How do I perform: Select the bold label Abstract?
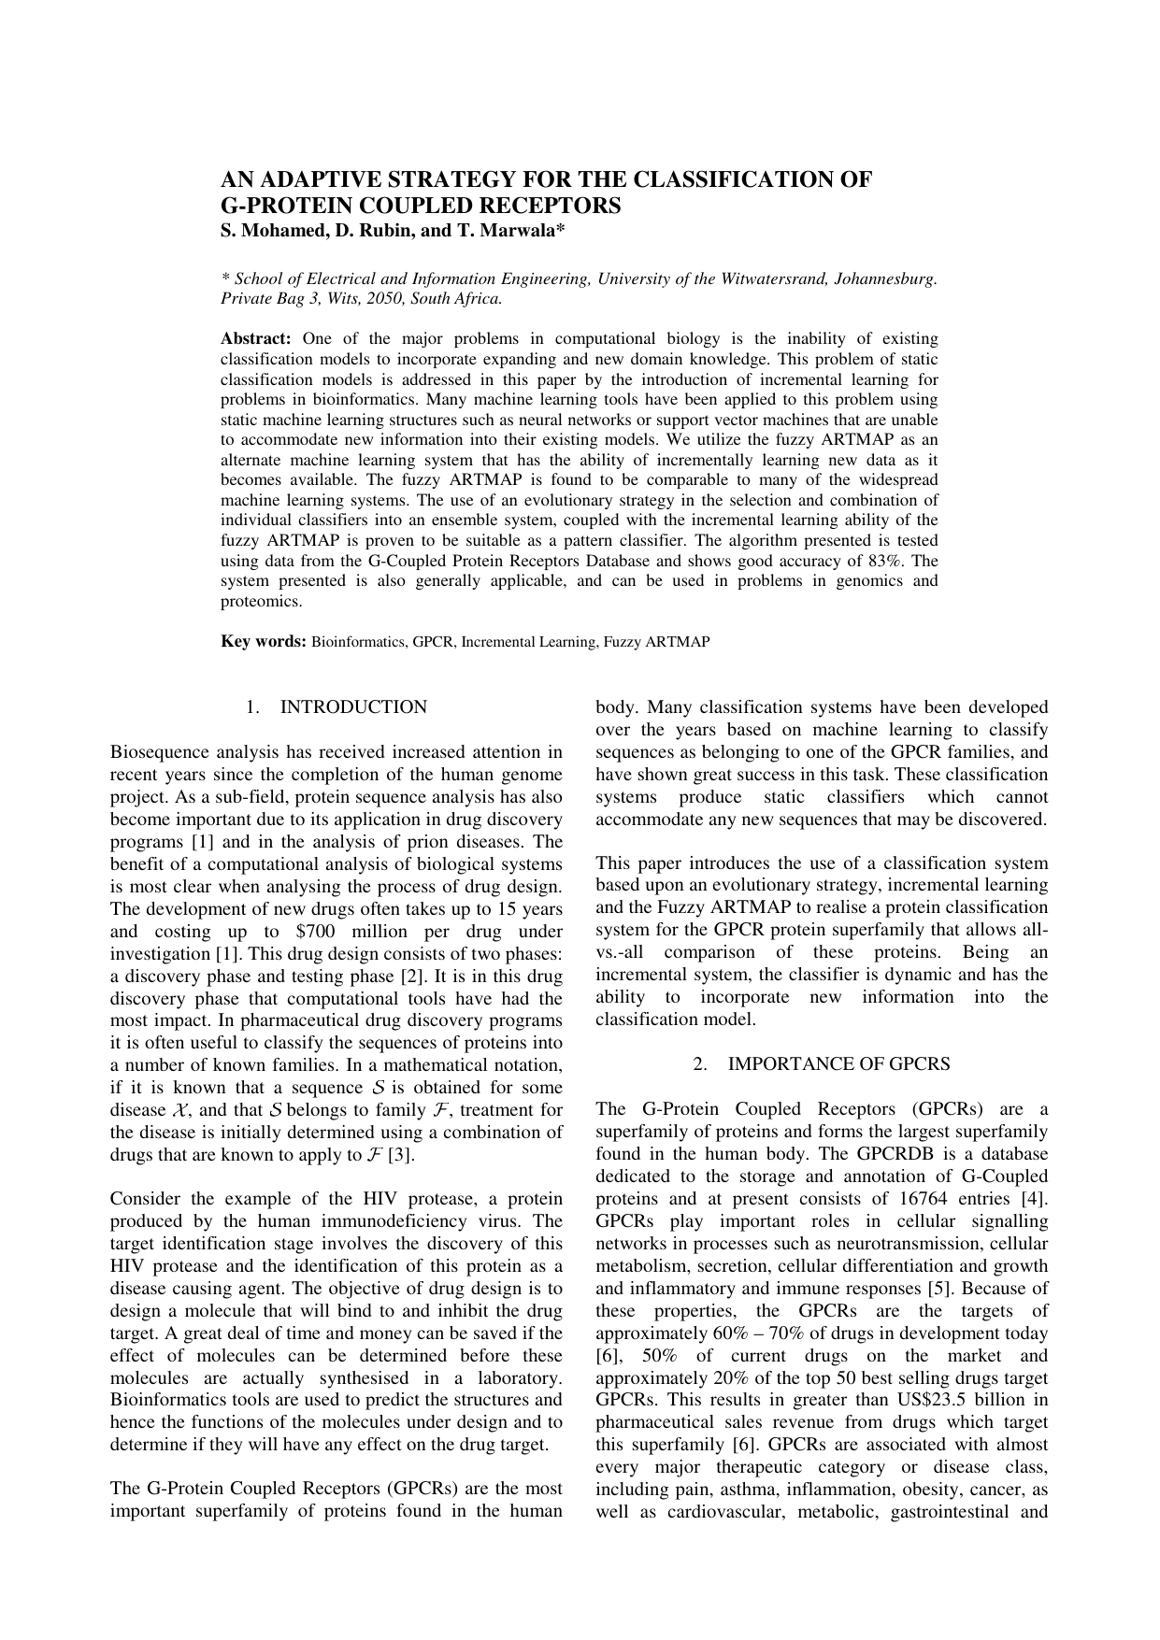tap(256, 338)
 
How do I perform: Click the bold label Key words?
tap(264, 642)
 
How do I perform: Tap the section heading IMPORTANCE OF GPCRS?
tap(838, 1064)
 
